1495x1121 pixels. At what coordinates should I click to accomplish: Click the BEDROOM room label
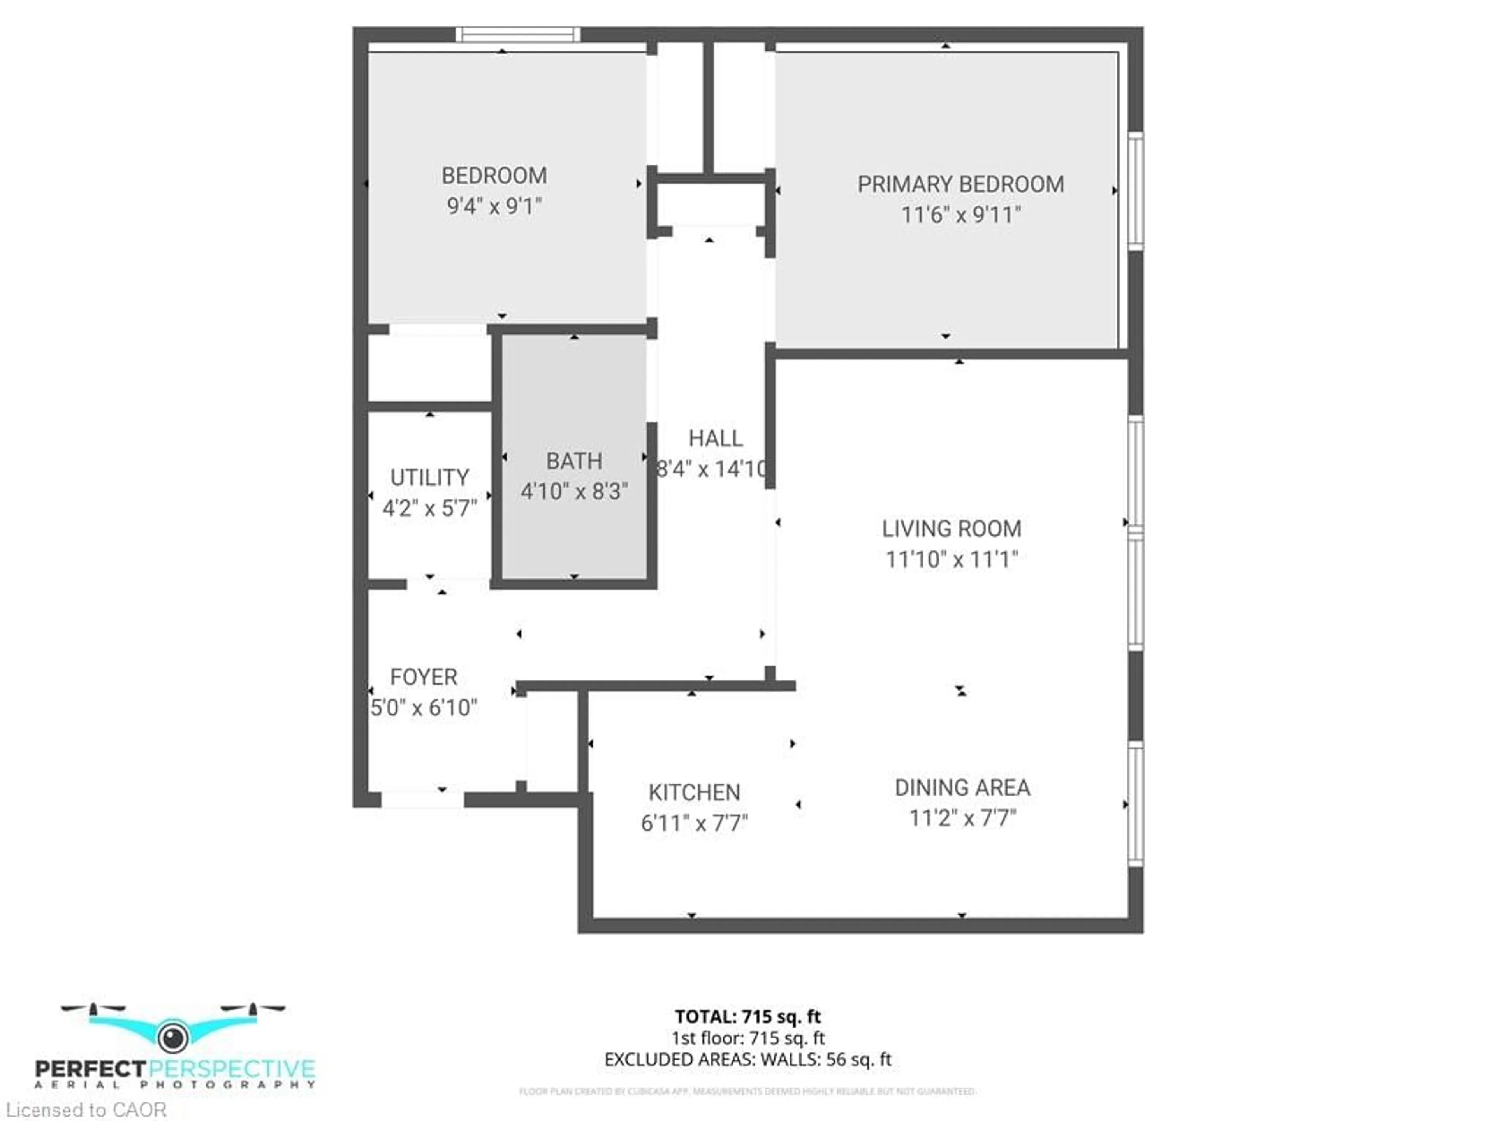coord(494,176)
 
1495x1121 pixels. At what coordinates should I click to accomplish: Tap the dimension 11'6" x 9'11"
coord(960,215)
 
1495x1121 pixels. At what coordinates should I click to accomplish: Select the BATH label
coord(574,461)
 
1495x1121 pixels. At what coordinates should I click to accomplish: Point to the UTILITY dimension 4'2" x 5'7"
coord(430,508)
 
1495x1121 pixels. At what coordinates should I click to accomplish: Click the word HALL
coord(715,439)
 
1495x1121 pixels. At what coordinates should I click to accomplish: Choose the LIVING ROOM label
coord(952,529)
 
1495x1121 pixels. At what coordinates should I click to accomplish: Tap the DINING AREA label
coord(962,787)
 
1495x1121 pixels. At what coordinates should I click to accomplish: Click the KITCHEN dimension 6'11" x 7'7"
coord(694,823)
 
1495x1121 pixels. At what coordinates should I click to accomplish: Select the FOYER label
coord(424,677)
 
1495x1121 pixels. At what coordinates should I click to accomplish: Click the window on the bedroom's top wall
coord(518,35)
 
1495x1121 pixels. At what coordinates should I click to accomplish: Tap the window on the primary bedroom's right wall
coord(1136,191)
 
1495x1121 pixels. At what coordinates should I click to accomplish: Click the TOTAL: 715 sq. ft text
coord(747,1016)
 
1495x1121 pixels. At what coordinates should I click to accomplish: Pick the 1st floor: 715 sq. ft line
coord(747,1038)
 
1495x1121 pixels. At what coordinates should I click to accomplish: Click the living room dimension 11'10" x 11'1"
coord(952,559)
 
